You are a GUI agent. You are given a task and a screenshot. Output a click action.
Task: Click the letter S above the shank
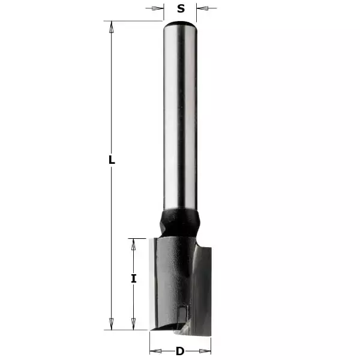click(181, 8)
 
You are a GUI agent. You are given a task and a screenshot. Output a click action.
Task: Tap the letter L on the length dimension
click(111, 160)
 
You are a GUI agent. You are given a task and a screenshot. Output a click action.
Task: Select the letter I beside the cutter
click(134, 278)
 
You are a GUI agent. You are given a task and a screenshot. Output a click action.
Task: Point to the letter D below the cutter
click(179, 351)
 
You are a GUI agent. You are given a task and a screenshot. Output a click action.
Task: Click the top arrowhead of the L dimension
click(111, 26)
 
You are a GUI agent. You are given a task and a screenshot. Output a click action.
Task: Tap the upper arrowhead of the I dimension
click(134, 242)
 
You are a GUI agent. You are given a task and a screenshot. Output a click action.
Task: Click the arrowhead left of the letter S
click(160, 8)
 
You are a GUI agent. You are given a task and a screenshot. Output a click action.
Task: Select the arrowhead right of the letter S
click(202, 8)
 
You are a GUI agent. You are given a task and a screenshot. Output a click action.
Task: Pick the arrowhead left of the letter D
click(154, 351)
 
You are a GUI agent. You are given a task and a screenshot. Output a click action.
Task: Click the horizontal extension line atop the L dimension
click(132, 22)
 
